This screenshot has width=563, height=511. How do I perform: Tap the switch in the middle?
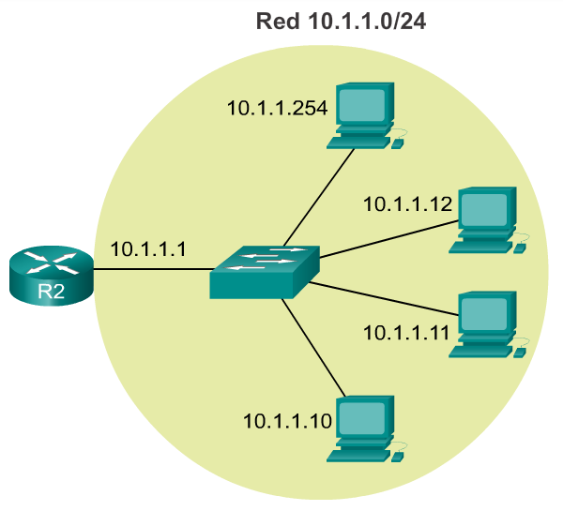[264, 272]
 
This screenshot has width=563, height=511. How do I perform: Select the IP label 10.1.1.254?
[277, 108]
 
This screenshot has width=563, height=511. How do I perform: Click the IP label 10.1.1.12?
[408, 203]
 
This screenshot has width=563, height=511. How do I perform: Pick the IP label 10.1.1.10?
[287, 421]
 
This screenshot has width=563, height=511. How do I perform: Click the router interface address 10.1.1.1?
[148, 249]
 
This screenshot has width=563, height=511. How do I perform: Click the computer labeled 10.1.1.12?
[486, 219]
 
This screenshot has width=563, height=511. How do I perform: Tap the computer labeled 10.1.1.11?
[486, 323]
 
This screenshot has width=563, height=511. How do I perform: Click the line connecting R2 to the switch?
[150, 270]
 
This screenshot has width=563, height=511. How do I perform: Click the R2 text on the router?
[51, 291]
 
